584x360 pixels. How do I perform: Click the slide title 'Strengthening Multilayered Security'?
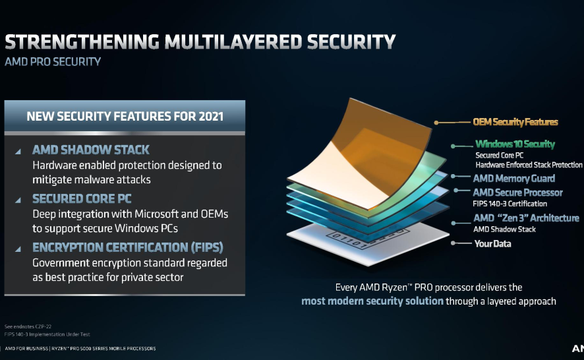click(200, 42)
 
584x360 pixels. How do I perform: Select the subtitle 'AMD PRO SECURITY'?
click(52, 62)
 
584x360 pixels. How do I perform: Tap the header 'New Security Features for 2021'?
click(125, 117)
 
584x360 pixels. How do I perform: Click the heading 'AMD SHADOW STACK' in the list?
click(90, 150)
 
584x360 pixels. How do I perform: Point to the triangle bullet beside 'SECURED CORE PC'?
click(17, 199)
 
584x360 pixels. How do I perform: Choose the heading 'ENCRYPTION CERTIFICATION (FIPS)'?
click(127, 248)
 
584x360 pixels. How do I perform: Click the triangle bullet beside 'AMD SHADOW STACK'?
click(17, 151)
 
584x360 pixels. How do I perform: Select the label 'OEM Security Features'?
click(515, 122)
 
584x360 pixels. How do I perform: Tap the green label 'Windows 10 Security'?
click(515, 144)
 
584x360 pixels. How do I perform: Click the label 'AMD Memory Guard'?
click(514, 178)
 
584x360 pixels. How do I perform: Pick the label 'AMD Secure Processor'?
click(517, 193)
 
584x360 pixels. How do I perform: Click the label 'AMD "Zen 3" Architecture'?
click(526, 218)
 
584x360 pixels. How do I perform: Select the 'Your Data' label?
click(492, 244)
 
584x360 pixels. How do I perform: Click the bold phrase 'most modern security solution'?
click(372, 301)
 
